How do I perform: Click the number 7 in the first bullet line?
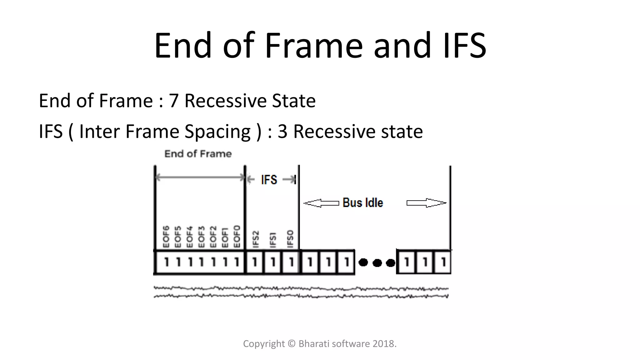(x=173, y=101)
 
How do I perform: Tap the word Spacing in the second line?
(x=217, y=131)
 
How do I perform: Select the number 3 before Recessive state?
(x=282, y=131)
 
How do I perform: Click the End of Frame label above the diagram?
(x=198, y=154)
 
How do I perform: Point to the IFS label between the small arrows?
(x=269, y=180)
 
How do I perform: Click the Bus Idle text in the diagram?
(x=362, y=203)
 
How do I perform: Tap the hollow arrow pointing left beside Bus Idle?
(x=321, y=203)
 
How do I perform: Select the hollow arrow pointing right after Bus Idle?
(x=426, y=203)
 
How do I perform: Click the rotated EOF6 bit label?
(x=166, y=236)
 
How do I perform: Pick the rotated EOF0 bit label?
(x=237, y=236)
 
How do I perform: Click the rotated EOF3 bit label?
(x=201, y=236)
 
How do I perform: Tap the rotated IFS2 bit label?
(x=256, y=239)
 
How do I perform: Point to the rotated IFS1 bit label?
(x=273, y=240)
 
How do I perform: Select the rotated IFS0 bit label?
(x=290, y=239)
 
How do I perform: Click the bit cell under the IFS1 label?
(x=273, y=262)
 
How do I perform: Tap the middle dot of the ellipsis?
(x=377, y=263)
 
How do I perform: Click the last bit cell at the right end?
(x=443, y=262)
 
